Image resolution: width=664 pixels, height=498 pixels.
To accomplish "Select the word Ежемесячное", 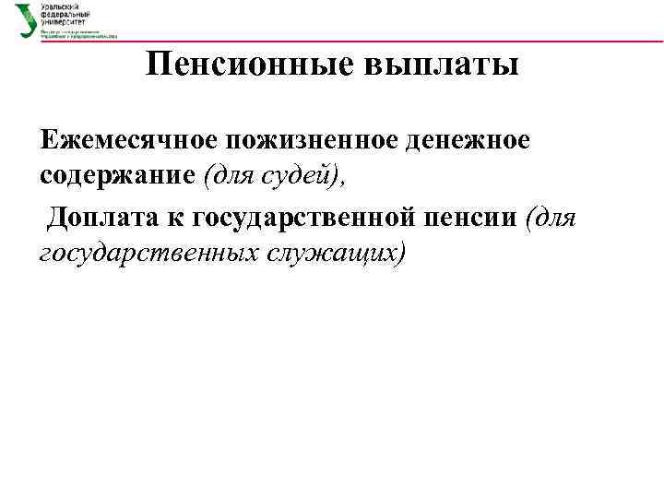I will pyautogui.click(x=125, y=139).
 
